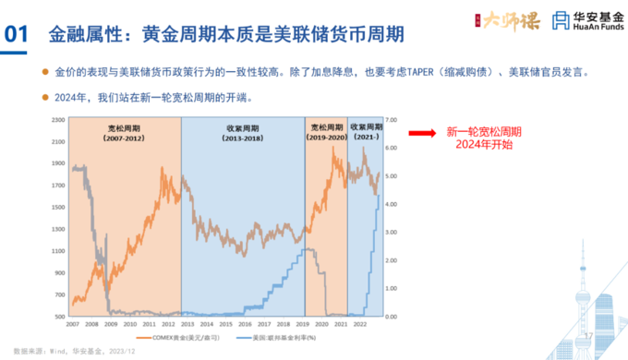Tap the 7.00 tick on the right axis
coord(392,120)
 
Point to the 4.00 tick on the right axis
coord(392,204)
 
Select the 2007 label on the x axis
coord(71,322)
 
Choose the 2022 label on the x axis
coord(362,322)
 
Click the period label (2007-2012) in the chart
coord(123,138)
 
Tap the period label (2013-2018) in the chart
coord(242,138)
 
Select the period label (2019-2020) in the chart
coord(325,138)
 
